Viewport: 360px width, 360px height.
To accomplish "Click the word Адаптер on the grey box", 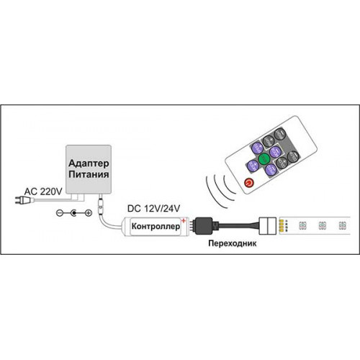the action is [x=89, y=163].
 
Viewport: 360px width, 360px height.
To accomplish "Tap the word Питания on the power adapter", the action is [x=89, y=174].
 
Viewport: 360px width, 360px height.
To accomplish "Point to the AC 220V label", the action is [x=43, y=192].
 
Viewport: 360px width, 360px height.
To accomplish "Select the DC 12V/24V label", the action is [x=153, y=209].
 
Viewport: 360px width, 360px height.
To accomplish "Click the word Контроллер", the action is [x=156, y=226].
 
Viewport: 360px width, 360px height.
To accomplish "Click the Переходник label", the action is [x=233, y=243].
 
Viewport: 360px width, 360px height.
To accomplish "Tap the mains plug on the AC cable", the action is [x=24, y=199].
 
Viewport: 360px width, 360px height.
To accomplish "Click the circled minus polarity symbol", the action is [x=60, y=212].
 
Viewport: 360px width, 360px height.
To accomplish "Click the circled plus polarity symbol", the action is [x=89, y=212].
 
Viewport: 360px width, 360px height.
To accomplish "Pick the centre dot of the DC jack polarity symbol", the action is [x=74, y=212].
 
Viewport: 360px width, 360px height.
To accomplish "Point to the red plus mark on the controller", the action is [x=184, y=220].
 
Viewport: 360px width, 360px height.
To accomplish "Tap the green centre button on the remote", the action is [x=264, y=158].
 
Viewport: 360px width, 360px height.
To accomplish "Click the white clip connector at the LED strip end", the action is [x=268, y=226].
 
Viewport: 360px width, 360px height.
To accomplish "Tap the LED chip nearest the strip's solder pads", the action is [x=302, y=225].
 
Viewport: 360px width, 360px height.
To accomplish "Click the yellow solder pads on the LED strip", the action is [x=282, y=226].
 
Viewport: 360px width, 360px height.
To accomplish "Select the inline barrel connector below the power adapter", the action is [x=100, y=204].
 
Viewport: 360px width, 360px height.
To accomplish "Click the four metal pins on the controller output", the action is [x=192, y=226].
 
